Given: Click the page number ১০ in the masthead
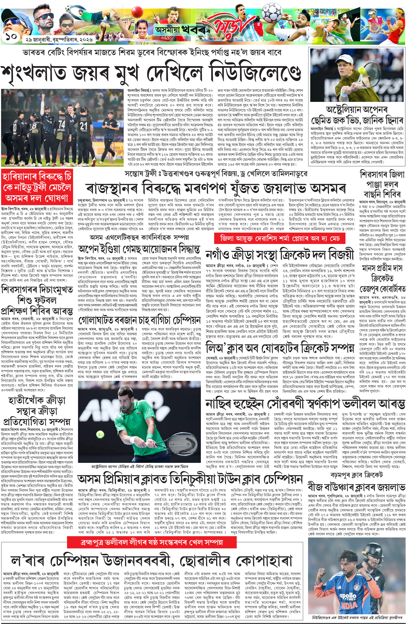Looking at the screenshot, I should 10,37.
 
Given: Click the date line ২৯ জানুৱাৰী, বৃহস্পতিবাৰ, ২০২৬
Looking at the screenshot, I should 59,40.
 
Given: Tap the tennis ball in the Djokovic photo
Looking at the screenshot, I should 100,435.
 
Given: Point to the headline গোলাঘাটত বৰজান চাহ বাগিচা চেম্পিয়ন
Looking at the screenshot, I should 139,320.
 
